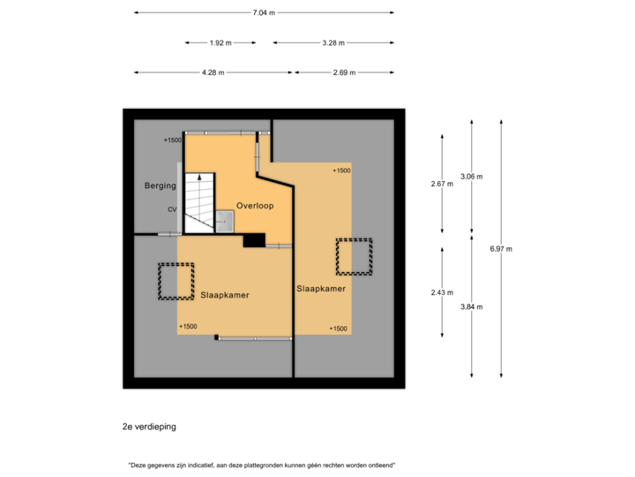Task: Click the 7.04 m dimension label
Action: click(x=264, y=13)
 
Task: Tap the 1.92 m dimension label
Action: click(x=220, y=42)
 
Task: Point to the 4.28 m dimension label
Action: click(x=213, y=72)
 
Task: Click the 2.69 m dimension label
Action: click(x=344, y=72)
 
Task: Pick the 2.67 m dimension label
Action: click(x=442, y=184)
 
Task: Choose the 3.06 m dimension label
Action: click(x=472, y=177)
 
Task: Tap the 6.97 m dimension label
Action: click(x=501, y=249)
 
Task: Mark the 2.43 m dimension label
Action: click(x=442, y=292)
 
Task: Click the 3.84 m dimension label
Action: click(x=472, y=307)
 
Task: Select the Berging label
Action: click(x=161, y=186)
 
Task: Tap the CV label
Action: click(x=173, y=209)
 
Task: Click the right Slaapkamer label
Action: click(x=320, y=288)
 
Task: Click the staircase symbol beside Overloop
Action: click(x=200, y=201)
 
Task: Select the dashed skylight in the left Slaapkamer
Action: click(x=176, y=282)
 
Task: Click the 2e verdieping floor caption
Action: click(x=149, y=427)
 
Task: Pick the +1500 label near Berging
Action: click(x=172, y=140)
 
